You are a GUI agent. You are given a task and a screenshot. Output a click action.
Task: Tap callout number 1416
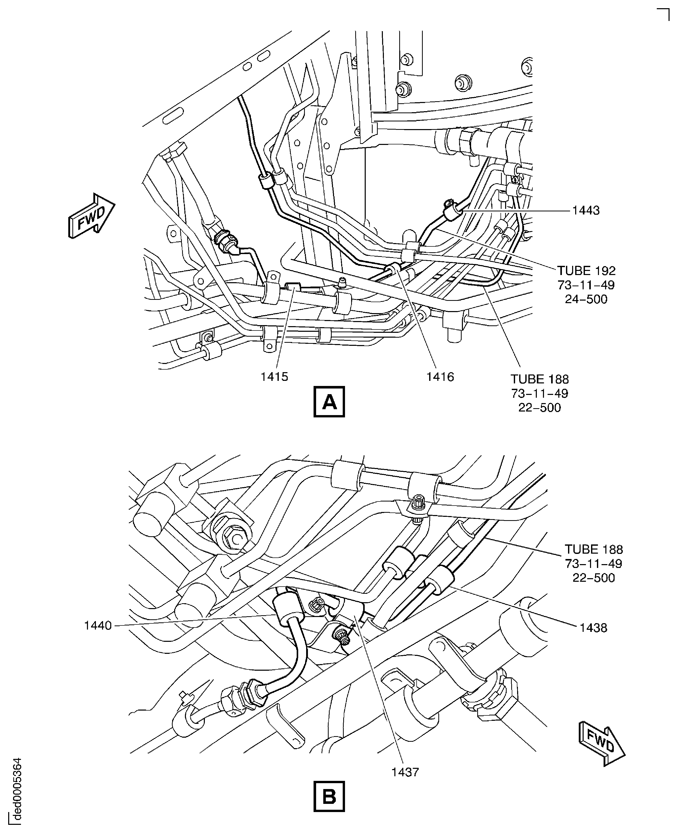440,377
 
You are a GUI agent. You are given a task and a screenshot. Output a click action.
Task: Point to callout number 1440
98,625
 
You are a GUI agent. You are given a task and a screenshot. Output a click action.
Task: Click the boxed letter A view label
329,402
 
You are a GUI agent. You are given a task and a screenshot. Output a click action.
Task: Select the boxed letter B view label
329,797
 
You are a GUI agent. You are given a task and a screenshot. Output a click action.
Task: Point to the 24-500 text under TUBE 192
586,299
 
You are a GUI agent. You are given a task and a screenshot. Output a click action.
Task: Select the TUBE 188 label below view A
540,379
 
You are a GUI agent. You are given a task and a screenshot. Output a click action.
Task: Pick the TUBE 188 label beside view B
594,549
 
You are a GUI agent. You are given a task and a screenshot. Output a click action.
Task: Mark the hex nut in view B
234,539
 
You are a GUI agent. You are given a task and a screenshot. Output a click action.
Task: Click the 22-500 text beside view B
594,578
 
